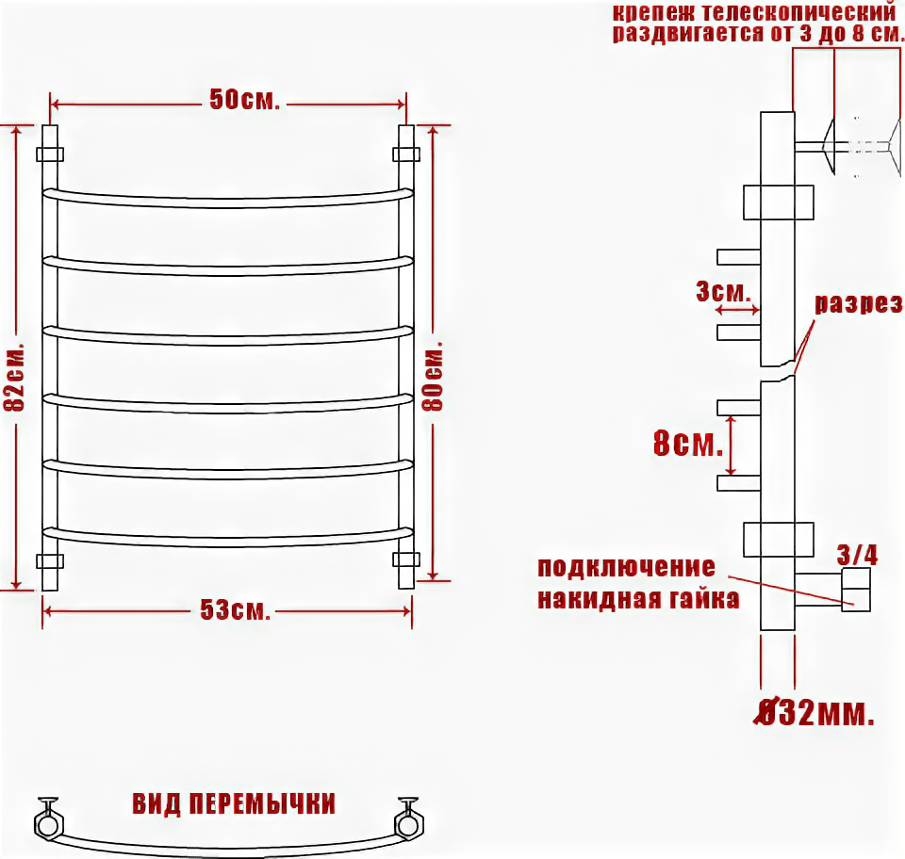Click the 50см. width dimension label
244,100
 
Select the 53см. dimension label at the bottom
235,610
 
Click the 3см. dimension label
722,291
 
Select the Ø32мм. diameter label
816,715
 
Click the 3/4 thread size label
858,555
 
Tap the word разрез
858,304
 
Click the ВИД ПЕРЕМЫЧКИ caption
234,804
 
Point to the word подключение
626,567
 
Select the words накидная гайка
638,599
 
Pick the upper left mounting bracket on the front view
50,154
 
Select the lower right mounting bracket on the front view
406,559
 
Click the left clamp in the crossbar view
47,819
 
